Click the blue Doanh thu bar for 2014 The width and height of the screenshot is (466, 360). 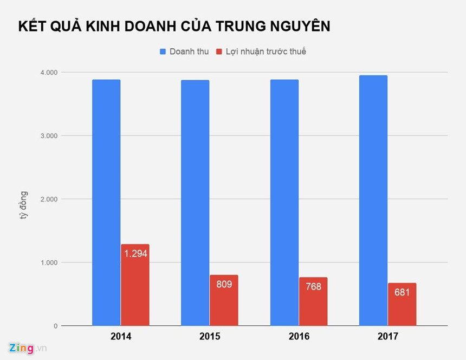point(106,203)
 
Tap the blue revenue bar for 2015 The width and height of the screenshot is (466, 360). point(195,203)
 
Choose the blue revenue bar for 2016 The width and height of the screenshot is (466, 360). point(284,203)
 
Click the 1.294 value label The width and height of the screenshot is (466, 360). point(135,253)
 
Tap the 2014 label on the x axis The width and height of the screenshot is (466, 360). point(120,337)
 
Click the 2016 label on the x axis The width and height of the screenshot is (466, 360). point(299,337)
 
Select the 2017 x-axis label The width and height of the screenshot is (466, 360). point(387,337)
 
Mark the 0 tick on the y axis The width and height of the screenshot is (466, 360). point(55,326)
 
